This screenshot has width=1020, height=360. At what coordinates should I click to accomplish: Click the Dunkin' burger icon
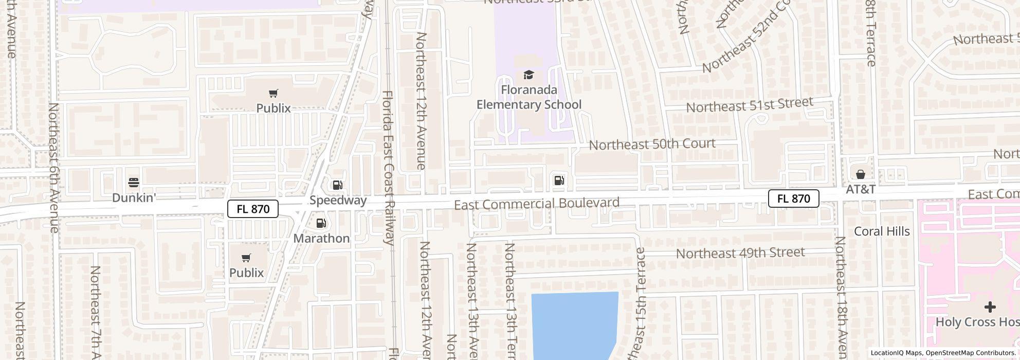tap(134, 183)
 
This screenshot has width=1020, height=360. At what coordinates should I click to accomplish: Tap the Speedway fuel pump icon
tap(337, 185)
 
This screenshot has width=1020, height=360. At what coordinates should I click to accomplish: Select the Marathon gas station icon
tap(321, 223)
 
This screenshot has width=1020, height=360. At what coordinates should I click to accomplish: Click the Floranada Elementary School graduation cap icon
tap(529, 75)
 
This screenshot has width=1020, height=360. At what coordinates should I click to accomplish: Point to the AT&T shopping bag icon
tap(861, 174)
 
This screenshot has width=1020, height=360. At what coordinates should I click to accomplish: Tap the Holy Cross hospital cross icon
tap(990, 307)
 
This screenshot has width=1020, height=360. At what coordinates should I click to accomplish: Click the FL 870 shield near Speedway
tap(252, 209)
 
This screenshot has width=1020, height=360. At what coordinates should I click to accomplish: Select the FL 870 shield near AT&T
tap(793, 199)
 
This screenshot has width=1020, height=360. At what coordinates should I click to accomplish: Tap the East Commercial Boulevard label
tap(536, 204)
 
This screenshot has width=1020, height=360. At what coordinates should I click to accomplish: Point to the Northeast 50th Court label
tap(652, 144)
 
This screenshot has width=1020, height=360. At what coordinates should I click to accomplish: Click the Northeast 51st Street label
tap(749, 104)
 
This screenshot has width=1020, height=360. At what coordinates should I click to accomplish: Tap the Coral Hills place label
tap(882, 231)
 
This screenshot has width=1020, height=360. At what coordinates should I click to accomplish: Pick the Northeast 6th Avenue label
tap(53, 168)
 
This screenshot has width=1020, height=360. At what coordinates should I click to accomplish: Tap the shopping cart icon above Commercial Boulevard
tap(274, 93)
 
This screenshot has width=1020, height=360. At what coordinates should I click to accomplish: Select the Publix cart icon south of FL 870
tap(246, 258)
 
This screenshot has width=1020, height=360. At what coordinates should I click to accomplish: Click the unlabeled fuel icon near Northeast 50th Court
tap(559, 180)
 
